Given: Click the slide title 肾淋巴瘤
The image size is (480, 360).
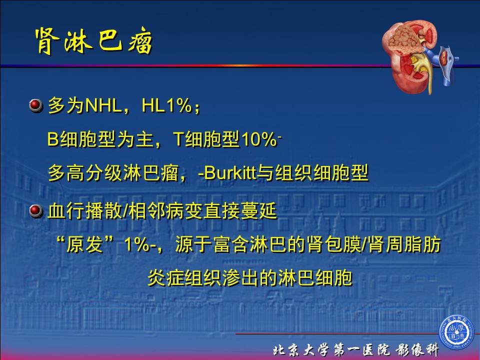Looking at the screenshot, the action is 93,41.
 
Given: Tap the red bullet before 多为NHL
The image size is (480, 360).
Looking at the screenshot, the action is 36,105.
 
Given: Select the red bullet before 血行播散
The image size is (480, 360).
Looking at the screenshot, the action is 36,211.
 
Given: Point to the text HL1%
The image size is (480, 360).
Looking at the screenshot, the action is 167,105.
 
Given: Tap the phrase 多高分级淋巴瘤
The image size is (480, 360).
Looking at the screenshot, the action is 113,173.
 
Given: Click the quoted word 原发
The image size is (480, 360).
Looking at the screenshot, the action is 84,244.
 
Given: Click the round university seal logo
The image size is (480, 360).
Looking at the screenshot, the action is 457,333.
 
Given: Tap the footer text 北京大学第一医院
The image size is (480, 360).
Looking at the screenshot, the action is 331,350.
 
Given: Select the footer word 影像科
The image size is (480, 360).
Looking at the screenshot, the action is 417,350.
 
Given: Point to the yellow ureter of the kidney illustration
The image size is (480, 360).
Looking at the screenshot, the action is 428,73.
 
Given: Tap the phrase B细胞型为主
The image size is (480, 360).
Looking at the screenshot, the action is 100,139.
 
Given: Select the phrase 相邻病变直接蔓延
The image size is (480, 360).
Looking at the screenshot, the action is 203,211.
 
